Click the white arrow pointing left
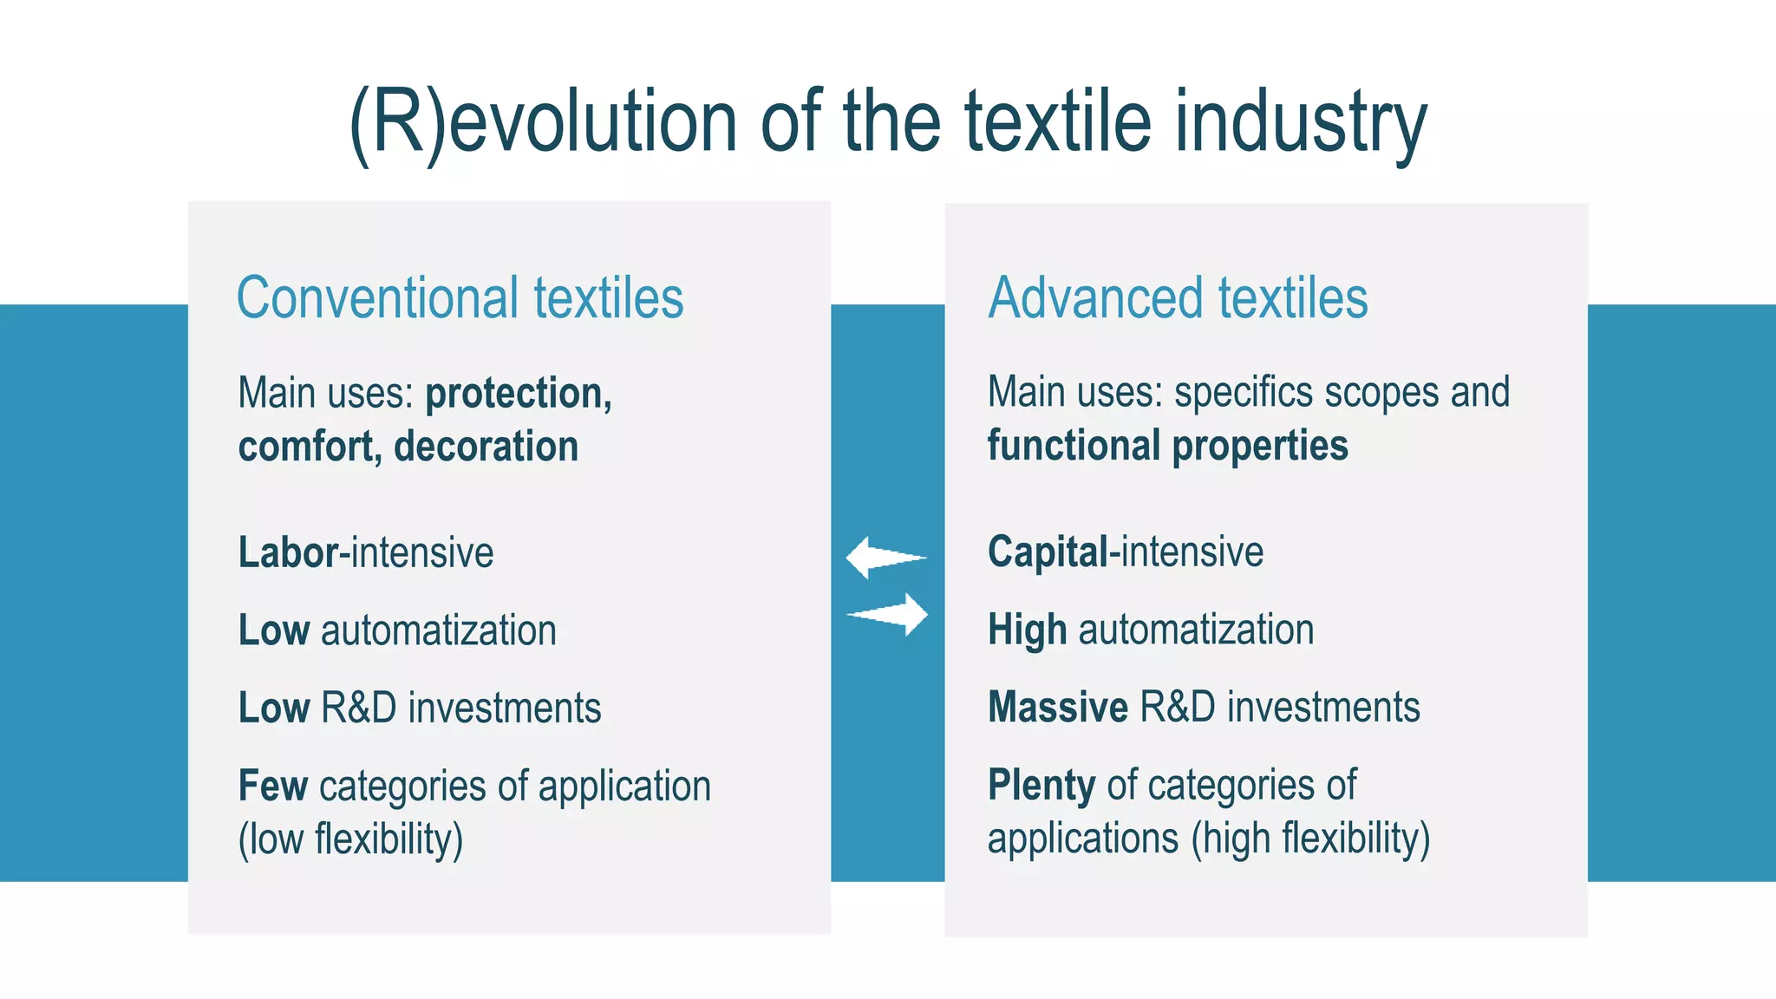coord(885,558)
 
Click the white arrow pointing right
coord(888,614)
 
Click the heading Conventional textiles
coord(460,298)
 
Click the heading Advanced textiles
coord(1178,298)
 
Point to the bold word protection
coord(518,393)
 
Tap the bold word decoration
coord(486,447)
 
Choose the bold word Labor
coord(290,552)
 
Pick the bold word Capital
coord(1048,552)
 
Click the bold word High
coord(1027,630)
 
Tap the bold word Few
coord(272,786)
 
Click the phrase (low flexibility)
coord(350,839)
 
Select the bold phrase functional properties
coord(1167,446)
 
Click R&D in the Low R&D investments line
coord(358,708)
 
